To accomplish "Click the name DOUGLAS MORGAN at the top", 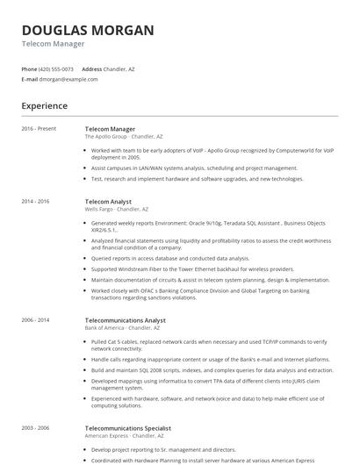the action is pyautogui.click(x=87, y=30).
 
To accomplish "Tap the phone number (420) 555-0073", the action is pyautogui.click(x=56, y=68).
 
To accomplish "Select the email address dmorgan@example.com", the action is pyautogui.click(x=69, y=79).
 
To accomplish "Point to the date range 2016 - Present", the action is pyautogui.click(x=39, y=129).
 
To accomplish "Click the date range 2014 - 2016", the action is pyautogui.click(x=35, y=202).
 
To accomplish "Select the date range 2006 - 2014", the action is pyautogui.click(x=35, y=320).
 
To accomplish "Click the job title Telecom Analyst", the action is pyautogui.click(x=108, y=202).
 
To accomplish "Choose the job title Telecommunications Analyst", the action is pyautogui.click(x=125, y=320).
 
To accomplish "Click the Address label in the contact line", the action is pyautogui.click(x=92, y=68).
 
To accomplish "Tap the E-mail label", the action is pyautogui.click(x=30, y=79).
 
